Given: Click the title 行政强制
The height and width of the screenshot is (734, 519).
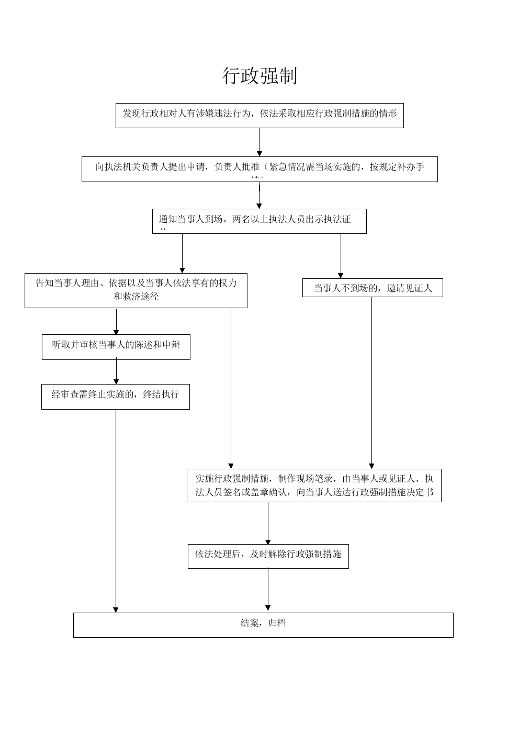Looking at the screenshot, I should click(x=259, y=76).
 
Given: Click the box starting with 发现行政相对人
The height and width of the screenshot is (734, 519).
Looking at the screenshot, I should click(x=259, y=115).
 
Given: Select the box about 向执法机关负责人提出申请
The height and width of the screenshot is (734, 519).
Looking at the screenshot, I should click(x=259, y=168).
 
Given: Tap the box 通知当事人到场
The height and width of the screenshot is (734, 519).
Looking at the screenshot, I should click(x=259, y=221).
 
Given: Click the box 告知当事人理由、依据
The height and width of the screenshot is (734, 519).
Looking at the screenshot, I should click(x=136, y=290).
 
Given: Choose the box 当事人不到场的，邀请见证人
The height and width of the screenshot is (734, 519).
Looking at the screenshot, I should click(x=373, y=288).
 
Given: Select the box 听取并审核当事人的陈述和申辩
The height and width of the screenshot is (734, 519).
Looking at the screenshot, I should click(x=116, y=346).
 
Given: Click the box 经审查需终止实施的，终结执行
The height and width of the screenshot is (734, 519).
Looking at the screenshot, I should click(x=116, y=396).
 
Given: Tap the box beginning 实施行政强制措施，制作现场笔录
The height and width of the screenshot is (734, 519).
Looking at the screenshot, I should click(x=314, y=485).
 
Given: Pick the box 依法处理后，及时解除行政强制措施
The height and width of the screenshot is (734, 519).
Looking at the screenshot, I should click(x=268, y=556).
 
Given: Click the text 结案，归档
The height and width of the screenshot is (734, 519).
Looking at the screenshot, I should click(x=263, y=624).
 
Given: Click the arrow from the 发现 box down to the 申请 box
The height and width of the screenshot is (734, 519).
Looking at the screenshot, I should click(x=259, y=142).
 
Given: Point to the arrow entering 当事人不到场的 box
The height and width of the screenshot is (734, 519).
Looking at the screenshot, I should click(x=341, y=256).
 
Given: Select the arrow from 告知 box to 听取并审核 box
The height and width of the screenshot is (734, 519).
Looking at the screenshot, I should click(x=116, y=321).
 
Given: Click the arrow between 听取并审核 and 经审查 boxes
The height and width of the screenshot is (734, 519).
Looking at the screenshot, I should click(x=116, y=372).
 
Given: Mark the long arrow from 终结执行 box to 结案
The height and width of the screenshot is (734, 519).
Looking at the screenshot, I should click(x=116, y=510).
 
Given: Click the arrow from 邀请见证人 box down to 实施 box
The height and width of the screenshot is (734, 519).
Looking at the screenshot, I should click(x=372, y=382).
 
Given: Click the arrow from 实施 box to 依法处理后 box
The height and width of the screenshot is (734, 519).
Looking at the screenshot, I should click(x=268, y=523).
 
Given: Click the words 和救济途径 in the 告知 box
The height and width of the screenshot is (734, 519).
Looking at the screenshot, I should click(x=136, y=297).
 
